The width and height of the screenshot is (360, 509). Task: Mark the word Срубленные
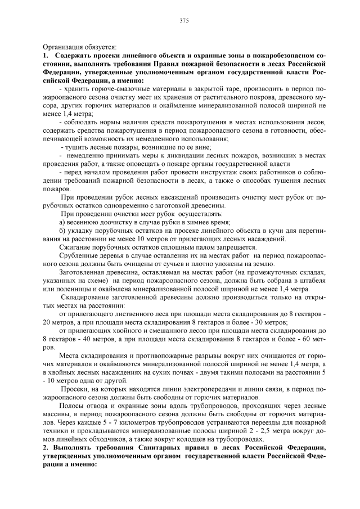click(x=78, y=255)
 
